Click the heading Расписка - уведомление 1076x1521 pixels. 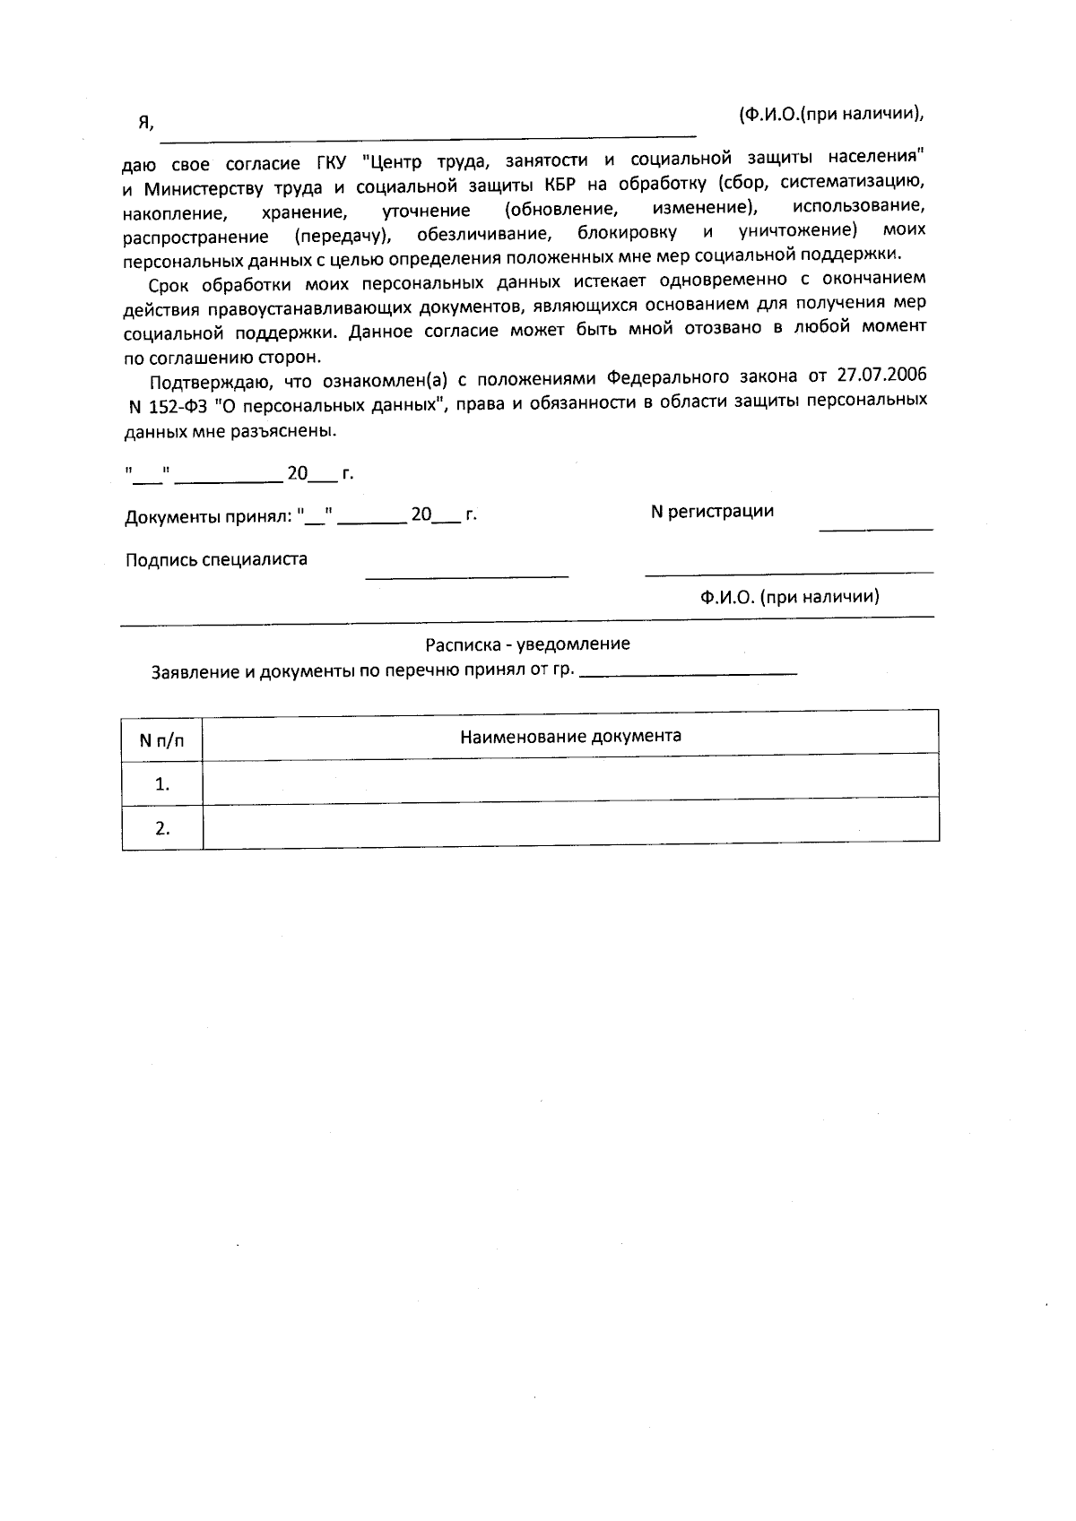click(527, 644)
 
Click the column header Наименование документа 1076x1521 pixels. click(570, 736)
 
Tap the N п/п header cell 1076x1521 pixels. click(162, 740)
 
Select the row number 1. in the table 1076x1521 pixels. click(162, 784)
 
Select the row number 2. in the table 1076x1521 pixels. click(162, 828)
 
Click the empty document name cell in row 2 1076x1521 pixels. click(570, 825)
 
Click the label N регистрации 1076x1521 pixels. click(711, 511)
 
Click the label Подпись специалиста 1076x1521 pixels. click(216, 559)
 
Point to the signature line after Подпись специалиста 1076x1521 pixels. click(466, 575)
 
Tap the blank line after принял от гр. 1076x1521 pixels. click(688, 672)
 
